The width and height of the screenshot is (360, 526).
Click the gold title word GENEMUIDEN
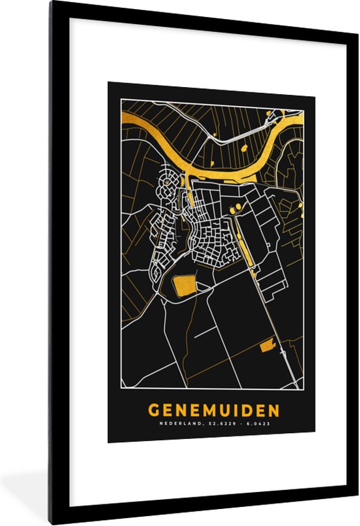213,410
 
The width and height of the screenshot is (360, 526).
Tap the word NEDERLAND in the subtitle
179,424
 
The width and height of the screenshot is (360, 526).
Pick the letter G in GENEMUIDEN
154,410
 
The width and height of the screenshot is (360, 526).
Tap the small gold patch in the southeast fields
267,346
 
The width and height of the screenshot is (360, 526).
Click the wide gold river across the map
216,157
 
